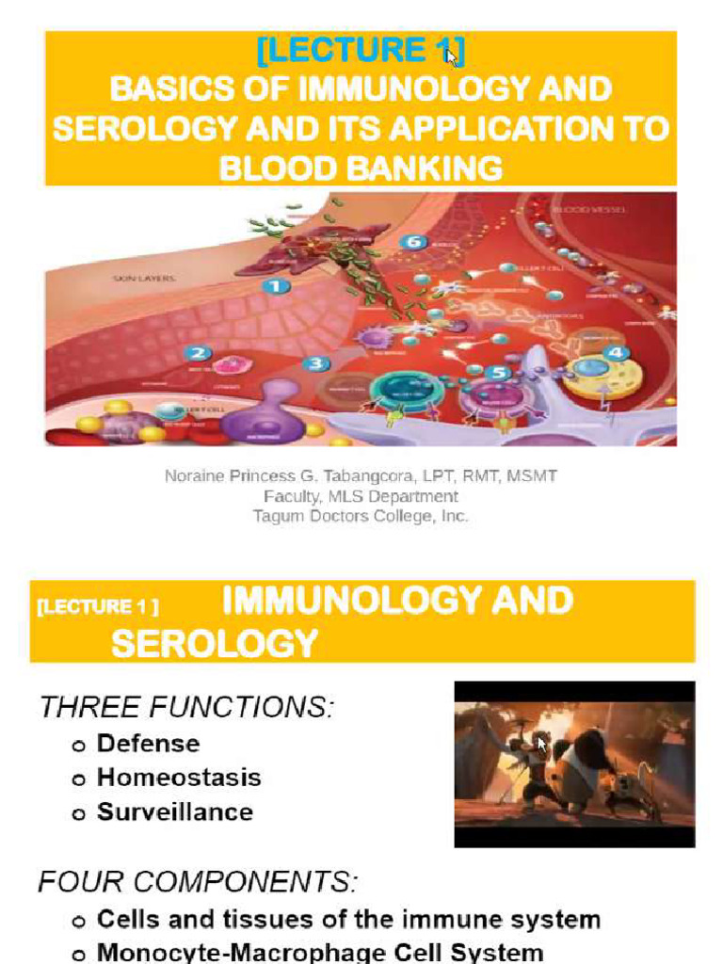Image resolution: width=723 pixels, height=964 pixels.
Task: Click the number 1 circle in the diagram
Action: tap(275, 286)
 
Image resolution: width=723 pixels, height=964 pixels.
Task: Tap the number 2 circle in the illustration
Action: tap(198, 354)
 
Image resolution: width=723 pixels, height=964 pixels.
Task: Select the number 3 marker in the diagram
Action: tap(316, 364)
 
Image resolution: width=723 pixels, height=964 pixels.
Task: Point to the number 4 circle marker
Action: tap(617, 353)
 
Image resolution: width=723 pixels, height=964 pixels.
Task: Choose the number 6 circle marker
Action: tap(411, 242)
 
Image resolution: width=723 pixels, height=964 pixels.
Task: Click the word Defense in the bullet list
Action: tap(149, 744)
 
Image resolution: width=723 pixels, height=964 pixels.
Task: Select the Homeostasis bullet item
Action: tap(179, 778)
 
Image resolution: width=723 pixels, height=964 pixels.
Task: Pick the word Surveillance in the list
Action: tap(175, 811)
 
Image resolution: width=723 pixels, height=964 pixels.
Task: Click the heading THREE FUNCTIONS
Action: tap(186, 707)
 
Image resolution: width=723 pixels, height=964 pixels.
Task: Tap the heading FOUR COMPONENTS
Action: tap(198, 883)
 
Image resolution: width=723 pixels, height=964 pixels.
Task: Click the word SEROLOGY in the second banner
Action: tap(215, 643)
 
